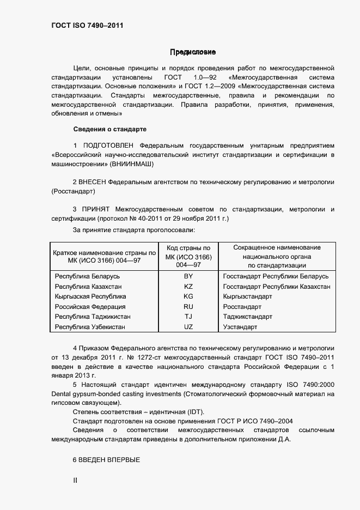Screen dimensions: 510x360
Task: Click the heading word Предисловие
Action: [193, 52]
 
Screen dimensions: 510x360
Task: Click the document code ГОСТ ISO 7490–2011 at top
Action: [83, 25]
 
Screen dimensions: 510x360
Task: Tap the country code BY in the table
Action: [188, 276]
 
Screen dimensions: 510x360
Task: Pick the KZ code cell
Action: [188, 287]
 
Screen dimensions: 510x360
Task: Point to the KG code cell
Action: [188, 296]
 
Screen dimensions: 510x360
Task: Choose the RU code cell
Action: [188, 307]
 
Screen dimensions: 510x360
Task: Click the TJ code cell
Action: [188, 317]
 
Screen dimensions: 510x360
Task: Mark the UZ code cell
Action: [188, 327]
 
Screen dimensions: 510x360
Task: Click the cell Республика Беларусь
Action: [87, 276]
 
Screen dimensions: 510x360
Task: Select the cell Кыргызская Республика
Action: [90, 296]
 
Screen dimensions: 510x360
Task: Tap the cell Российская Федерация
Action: [90, 307]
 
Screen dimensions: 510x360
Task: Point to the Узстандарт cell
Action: [240, 327]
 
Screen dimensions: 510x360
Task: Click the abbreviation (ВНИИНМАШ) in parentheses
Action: [131, 163]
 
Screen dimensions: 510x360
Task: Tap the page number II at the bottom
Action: [76, 481]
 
